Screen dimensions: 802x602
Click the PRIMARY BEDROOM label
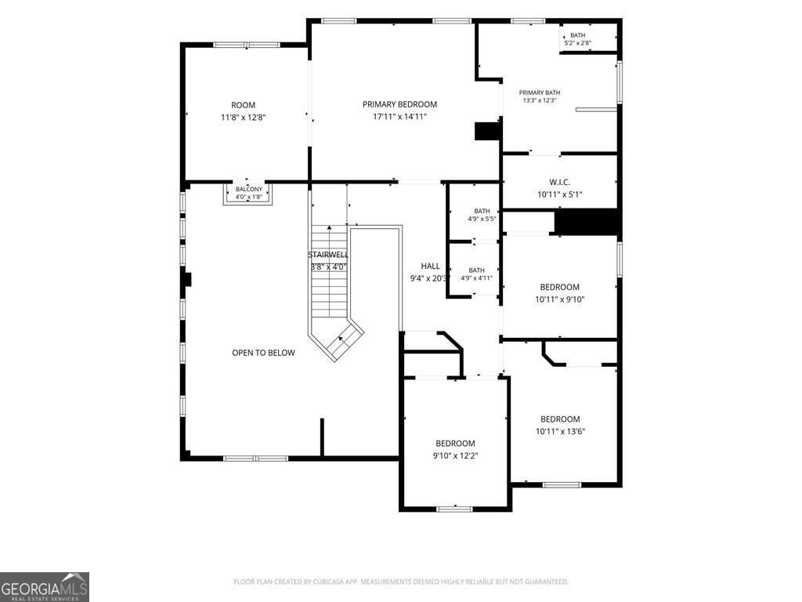click(399, 104)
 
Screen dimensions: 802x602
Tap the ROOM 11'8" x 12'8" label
click(243, 111)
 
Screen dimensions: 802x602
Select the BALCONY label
click(248, 190)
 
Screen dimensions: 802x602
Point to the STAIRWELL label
click(328, 255)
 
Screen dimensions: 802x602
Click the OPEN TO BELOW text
click(263, 353)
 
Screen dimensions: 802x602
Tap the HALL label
click(430, 267)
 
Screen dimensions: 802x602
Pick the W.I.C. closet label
click(559, 182)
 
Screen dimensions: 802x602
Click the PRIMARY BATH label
click(539, 92)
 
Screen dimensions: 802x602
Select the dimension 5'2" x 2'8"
click(577, 43)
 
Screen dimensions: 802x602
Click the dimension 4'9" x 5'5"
click(482, 219)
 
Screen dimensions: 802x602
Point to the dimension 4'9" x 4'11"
click(476, 278)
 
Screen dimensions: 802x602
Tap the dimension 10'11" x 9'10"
click(559, 299)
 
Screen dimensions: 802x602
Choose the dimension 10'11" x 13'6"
click(560, 432)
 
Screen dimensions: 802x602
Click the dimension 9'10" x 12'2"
click(455, 455)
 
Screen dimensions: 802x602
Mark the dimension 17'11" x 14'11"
click(399, 117)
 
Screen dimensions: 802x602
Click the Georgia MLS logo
click(45, 587)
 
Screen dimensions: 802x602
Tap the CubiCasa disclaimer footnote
click(400, 582)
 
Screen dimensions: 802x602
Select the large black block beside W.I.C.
click(587, 222)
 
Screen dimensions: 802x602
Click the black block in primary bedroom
click(487, 131)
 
